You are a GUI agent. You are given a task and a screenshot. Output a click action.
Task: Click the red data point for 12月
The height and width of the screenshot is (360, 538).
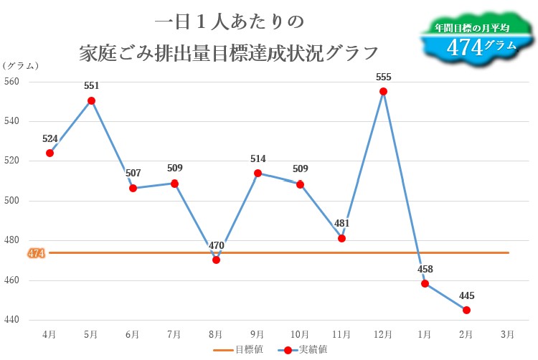383,91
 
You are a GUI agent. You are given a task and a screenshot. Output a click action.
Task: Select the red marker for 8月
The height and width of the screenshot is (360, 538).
216,260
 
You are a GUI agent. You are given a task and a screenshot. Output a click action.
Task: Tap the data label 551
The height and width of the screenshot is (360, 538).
91,85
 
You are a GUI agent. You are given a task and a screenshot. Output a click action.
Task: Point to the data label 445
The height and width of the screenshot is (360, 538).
466,295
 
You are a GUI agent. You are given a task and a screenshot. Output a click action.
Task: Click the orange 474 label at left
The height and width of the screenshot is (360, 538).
36,252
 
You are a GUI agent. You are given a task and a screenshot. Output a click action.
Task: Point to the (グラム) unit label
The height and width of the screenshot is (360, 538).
21,65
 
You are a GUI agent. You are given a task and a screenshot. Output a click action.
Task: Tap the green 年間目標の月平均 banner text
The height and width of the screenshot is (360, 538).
471,27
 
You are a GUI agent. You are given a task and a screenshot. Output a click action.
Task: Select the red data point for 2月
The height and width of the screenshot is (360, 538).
466,310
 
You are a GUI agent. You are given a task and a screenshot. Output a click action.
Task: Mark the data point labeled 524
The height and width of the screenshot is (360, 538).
49,153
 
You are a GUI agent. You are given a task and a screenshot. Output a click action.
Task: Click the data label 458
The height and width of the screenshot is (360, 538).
425,269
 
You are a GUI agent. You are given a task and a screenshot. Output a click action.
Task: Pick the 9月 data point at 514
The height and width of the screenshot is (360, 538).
258,173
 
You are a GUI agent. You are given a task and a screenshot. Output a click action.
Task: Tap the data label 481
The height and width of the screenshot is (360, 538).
341,223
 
